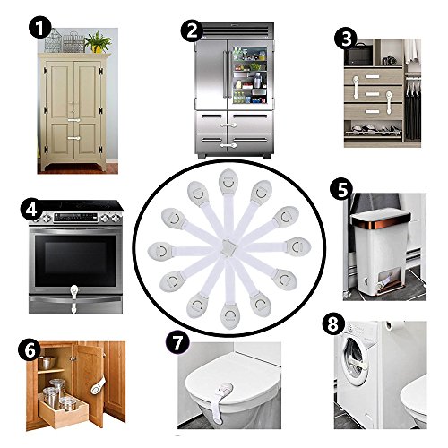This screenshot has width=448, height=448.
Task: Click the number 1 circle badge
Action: pos(39,29)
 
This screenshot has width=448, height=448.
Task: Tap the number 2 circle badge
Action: pos(192,30)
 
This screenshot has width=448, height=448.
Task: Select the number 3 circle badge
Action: pos(346,39)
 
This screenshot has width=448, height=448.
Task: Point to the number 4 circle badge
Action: pos(31,209)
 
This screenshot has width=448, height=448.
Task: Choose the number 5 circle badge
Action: pos(341,190)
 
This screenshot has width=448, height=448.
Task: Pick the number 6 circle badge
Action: pos(30,350)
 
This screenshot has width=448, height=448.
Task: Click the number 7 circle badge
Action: pos(177,343)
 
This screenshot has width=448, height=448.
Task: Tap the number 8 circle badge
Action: pos(333,324)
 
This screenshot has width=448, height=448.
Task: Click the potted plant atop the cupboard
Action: pos(98,41)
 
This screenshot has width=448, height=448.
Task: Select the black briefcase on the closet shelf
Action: pos(358,55)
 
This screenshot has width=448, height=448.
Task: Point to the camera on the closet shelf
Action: pos(389,60)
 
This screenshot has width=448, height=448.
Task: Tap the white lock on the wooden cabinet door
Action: pos(99,386)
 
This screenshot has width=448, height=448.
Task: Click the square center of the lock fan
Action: pos(229,247)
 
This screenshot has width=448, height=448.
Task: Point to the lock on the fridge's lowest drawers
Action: pos(228,146)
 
